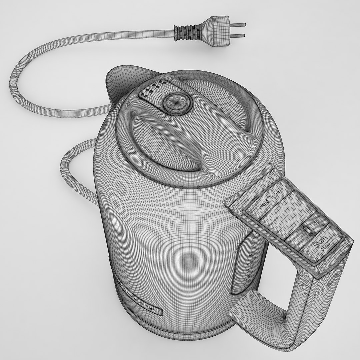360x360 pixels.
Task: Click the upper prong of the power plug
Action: (239, 25)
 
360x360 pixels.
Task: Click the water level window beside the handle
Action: (248, 263)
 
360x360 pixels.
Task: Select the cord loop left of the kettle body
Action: (72, 173)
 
